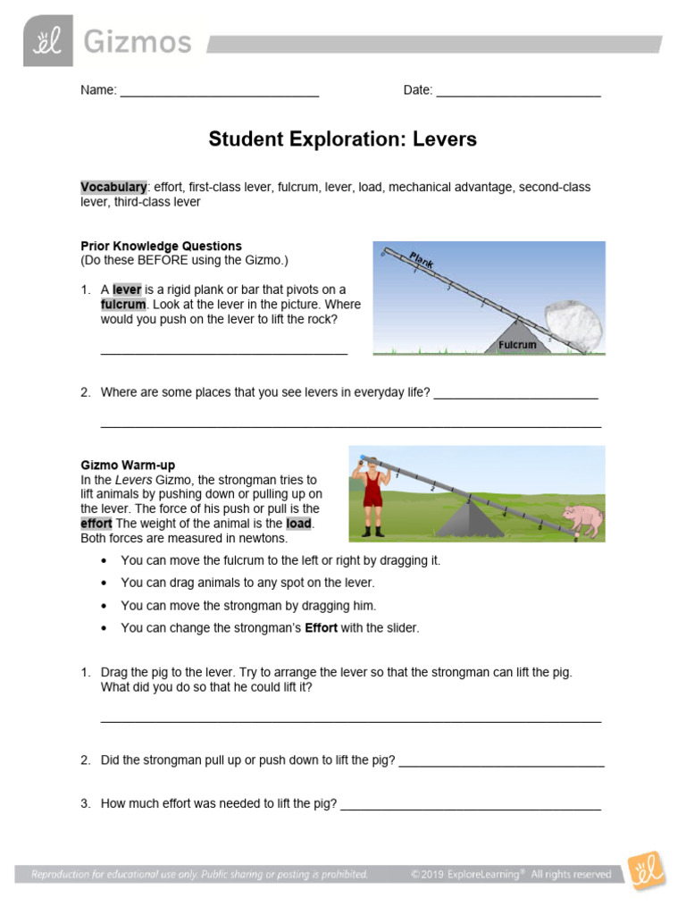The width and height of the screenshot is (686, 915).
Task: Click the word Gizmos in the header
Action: (138, 41)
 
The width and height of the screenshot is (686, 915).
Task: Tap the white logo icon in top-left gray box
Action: (47, 41)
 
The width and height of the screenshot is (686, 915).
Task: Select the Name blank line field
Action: (219, 90)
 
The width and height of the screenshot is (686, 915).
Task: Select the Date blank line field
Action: (518, 90)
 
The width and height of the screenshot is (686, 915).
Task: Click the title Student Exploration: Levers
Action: (343, 139)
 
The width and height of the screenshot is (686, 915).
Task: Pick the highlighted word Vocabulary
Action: (113, 188)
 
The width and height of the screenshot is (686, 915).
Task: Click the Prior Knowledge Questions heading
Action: (161, 246)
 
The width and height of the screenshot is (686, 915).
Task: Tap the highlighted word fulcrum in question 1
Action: (123, 305)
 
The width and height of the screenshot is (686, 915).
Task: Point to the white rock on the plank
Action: (573, 323)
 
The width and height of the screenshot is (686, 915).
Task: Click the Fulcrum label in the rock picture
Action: (517, 344)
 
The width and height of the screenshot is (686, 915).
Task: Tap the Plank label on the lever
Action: (422, 260)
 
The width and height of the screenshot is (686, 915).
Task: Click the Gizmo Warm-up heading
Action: (128, 466)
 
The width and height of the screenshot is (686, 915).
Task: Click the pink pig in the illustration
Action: (583, 520)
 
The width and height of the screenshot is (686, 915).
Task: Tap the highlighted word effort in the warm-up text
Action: (96, 524)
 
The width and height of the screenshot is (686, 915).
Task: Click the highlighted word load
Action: (298, 524)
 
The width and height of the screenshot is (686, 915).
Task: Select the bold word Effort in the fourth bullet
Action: (321, 628)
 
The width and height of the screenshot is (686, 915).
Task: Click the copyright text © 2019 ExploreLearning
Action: (467, 874)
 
